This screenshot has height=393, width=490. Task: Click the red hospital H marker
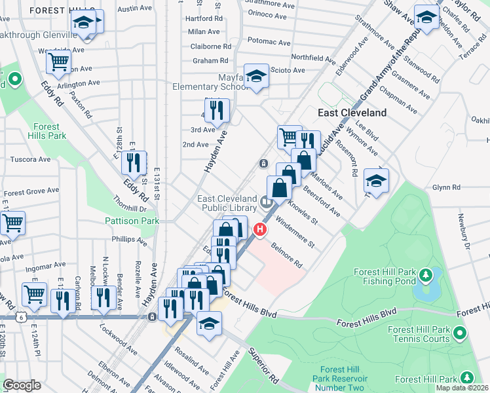click(260, 230)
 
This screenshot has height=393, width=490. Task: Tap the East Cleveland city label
click(352, 113)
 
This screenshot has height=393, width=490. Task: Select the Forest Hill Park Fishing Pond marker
click(425, 273)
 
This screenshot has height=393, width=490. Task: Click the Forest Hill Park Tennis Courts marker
click(460, 333)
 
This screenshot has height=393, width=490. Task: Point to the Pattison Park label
click(132, 221)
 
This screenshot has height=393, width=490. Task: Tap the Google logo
click(22, 385)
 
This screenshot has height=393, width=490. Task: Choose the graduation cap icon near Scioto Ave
click(256, 76)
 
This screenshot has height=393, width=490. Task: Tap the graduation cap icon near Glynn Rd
click(376, 179)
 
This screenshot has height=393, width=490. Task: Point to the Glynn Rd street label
click(447, 187)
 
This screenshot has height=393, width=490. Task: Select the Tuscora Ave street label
click(31, 159)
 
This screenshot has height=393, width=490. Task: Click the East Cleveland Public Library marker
click(267, 202)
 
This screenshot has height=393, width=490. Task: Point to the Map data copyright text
click(462, 388)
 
